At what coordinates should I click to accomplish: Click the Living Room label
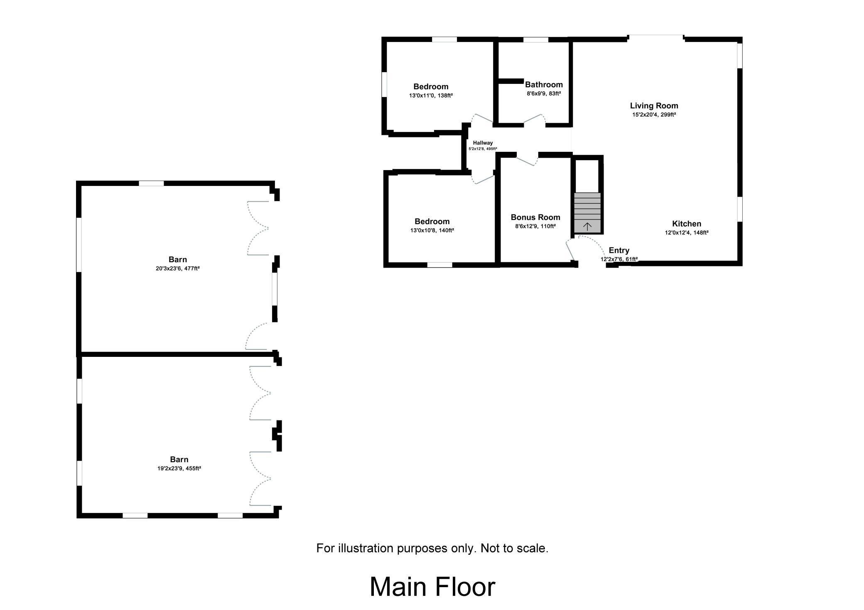pyautogui.click(x=654, y=106)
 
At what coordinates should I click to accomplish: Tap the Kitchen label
pyautogui.click(x=687, y=224)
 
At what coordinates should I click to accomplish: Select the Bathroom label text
pyautogui.click(x=544, y=85)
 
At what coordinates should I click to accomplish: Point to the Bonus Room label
pyautogui.click(x=535, y=217)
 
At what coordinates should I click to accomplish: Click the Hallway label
pyautogui.click(x=483, y=143)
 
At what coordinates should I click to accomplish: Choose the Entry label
pyautogui.click(x=619, y=250)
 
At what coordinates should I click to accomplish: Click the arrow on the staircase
pyautogui.click(x=587, y=226)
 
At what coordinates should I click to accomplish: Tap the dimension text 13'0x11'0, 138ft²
pyautogui.click(x=431, y=95)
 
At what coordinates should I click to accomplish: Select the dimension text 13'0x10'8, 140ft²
pyautogui.click(x=432, y=230)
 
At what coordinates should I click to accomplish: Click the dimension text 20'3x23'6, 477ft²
pyautogui.click(x=178, y=268)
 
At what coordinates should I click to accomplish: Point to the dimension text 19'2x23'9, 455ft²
pyautogui.click(x=179, y=468)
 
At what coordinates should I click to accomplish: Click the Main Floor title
pyautogui.click(x=432, y=587)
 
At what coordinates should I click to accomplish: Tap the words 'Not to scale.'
pyautogui.click(x=514, y=548)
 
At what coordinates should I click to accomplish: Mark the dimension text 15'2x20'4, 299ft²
pyautogui.click(x=654, y=115)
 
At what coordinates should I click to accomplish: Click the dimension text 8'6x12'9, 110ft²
pyautogui.click(x=535, y=226)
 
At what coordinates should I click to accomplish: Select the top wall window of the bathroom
pyautogui.click(x=535, y=40)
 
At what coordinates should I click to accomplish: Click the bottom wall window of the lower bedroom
pyautogui.click(x=440, y=265)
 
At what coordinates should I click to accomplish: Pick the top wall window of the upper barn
pyautogui.click(x=151, y=183)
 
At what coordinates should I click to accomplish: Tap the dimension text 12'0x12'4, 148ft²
pyautogui.click(x=687, y=233)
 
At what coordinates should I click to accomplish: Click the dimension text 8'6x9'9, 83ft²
pyautogui.click(x=544, y=93)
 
